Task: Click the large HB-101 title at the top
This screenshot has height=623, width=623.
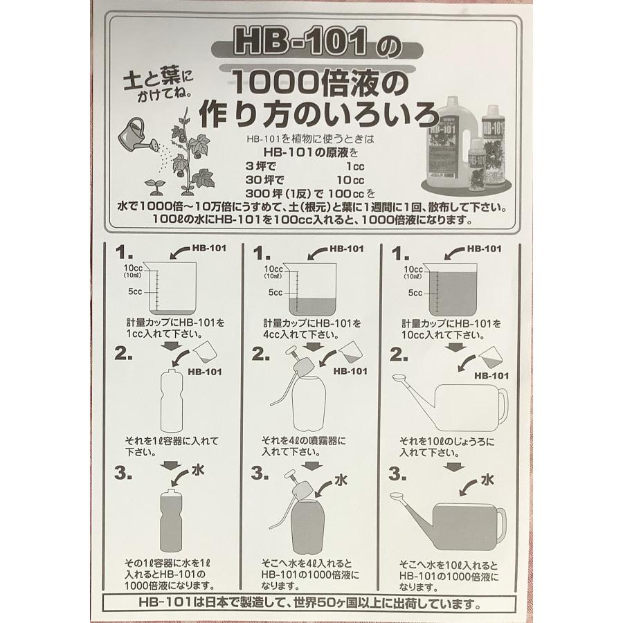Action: (x=300, y=41)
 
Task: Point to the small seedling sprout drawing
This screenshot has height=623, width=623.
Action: (x=155, y=187)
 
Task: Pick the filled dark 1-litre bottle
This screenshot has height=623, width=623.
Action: (x=171, y=521)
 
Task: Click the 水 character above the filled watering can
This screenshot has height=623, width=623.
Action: (x=487, y=480)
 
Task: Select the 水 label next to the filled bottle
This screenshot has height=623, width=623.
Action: (x=197, y=470)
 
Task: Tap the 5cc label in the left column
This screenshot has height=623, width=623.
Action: (x=135, y=291)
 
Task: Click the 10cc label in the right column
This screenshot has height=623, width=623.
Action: (x=413, y=269)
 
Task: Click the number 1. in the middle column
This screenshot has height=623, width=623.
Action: (x=262, y=254)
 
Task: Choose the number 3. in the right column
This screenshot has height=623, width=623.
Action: (x=397, y=473)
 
